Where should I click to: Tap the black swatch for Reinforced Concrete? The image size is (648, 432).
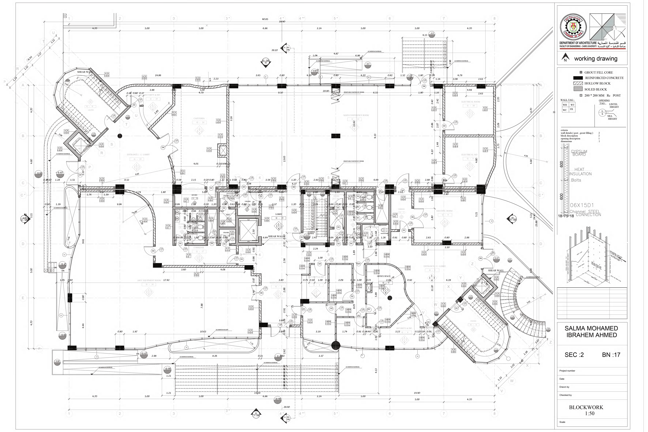[x=578, y=78]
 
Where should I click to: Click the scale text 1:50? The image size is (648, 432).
[x=590, y=413]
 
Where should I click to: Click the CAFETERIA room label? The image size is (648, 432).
[x=199, y=118]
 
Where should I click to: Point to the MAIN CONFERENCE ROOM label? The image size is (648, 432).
[x=356, y=115]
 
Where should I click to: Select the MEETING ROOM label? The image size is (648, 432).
[x=444, y=211]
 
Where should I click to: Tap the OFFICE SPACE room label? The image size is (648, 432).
[x=384, y=276]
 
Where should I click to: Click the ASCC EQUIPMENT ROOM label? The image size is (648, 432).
[x=149, y=280]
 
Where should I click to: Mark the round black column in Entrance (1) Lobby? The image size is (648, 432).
[x=119, y=136]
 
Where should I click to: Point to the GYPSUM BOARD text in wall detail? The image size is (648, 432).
[x=579, y=153]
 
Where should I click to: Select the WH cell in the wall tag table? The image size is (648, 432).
[x=565, y=105]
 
